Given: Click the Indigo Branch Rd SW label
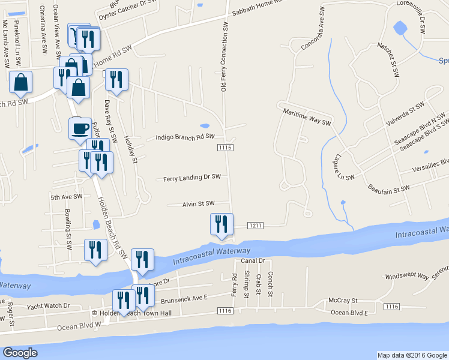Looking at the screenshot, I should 185,137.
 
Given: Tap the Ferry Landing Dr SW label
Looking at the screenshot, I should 192,178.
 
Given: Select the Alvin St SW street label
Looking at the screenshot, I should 198,204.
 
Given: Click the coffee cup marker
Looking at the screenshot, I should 80,128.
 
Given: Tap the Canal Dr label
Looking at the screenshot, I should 253,261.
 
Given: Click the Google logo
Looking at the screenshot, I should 20,352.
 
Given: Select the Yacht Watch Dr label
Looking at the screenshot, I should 48,306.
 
